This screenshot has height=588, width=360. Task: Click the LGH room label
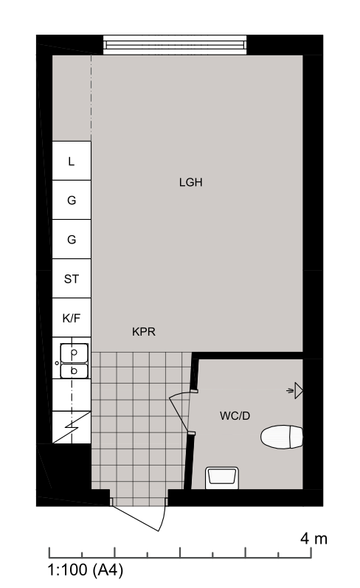(190, 183)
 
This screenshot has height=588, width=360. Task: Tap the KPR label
(144, 332)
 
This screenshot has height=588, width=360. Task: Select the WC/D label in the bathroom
(235, 416)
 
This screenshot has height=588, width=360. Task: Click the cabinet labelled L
(72, 161)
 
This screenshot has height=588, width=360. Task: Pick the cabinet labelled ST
(72, 279)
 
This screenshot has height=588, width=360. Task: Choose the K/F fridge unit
(72, 318)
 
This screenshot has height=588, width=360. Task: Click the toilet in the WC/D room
(282, 437)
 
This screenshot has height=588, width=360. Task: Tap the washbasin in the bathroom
(222, 478)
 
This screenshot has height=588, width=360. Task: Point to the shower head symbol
(295, 390)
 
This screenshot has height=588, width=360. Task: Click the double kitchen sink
(75, 361)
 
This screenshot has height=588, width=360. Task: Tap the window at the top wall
(175, 44)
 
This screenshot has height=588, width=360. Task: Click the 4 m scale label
(314, 539)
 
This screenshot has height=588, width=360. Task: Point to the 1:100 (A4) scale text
(85, 570)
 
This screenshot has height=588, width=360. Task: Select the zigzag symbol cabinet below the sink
(72, 427)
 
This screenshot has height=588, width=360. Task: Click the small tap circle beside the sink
(57, 363)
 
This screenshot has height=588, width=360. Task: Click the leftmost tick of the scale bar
(49, 553)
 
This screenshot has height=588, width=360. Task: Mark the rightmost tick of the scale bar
(311, 553)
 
